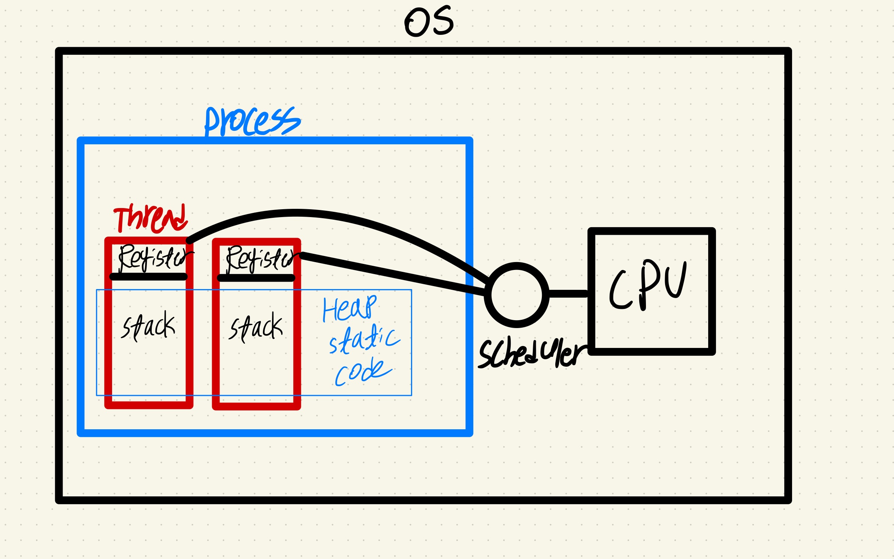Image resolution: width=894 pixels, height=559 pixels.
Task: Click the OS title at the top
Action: click(x=429, y=22)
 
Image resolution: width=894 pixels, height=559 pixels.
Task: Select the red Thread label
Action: click(x=150, y=219)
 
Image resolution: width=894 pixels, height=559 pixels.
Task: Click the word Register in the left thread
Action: click(x=154, y=258)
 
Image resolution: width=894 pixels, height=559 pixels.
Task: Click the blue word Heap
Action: click(x=349, y=309)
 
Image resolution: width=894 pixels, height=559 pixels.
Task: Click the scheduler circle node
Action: click(x=516, y=295)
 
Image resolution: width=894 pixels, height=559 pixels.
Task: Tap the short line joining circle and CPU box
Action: click(x=568, y=294)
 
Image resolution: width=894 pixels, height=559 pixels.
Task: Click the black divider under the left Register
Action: click(x=148, y=277)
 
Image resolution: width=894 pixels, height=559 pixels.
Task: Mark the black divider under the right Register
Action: click(x=256, y=278)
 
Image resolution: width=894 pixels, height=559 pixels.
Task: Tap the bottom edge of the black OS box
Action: click(x=423, y=500)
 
